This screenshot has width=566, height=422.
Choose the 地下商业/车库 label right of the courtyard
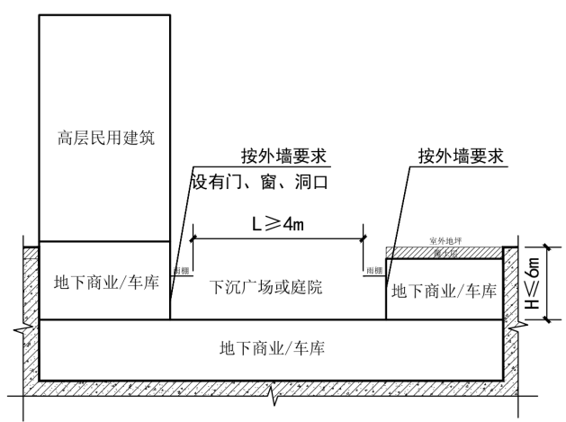(443, 291)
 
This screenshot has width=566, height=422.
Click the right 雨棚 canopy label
(373, 269)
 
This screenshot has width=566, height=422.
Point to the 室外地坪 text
(445, 241)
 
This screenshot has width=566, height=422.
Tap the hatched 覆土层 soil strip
(445, 254)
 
